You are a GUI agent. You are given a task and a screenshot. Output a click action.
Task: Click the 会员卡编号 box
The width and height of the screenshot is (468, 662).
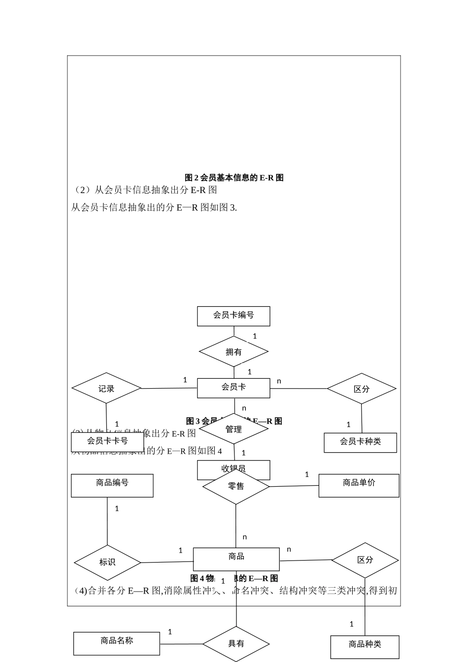click(x=234, y=316)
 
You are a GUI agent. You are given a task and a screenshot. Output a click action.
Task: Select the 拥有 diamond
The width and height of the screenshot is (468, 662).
click(x=234, y=352)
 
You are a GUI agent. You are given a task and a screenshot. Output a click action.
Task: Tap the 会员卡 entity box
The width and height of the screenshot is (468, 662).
click(x=234, y=388)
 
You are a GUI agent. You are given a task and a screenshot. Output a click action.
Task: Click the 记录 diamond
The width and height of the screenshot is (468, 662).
click(x=106, y=388)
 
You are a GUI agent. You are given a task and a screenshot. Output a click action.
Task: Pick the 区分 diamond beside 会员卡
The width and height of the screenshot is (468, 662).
click(x=362, y=389)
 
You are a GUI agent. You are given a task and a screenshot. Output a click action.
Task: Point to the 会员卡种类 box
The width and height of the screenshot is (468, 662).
click(x=360, y=442)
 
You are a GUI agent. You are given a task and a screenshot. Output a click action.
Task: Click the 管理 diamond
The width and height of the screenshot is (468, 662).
click(x=234, y=429)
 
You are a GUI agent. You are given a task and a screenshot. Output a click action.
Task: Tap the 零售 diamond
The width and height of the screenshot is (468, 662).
click(x=236, y=487)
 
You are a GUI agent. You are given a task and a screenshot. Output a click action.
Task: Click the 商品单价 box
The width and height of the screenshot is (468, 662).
click(x=359, y=485)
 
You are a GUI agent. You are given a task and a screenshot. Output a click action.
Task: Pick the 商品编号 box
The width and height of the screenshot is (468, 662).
click(x=112, y=485)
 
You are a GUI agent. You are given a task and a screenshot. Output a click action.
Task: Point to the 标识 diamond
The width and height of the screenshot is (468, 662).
click(x=107, y=562)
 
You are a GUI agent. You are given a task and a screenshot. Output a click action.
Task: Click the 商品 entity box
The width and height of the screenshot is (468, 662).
click(x=236, y=559)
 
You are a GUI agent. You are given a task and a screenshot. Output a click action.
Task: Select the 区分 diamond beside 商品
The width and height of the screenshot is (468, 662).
click(x=365, y=560)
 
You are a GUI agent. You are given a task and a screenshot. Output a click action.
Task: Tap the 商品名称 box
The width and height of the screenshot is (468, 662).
click(x=116, y=643)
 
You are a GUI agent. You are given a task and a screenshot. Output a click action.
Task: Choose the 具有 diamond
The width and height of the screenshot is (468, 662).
click(x=236, y=644)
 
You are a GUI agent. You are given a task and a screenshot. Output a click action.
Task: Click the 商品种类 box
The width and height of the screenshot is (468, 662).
click(x=365, y=646)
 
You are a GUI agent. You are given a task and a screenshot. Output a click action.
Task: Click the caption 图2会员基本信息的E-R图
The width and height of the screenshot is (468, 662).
click(x=234, y=178)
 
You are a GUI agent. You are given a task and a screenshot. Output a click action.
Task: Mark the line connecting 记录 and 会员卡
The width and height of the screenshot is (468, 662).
click(x=169, y=388)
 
